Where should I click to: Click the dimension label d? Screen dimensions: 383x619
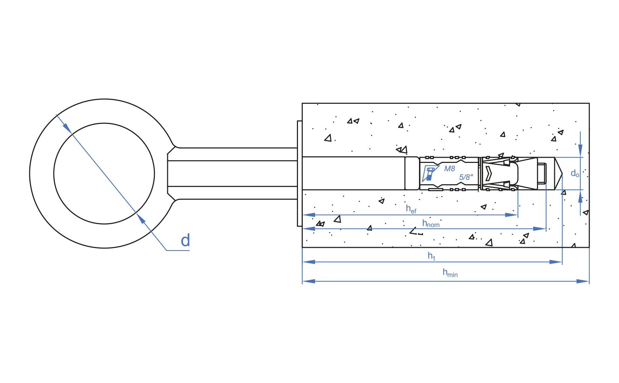tap(185, 240)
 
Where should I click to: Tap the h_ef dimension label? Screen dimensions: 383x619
tap(411, 209)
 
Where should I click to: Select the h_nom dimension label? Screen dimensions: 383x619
tap(431, 224)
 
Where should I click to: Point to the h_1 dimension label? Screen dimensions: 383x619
tap(431, 256)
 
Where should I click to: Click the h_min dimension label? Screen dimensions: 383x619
tap(450, 273)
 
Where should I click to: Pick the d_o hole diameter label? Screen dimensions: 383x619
tap(575, 173)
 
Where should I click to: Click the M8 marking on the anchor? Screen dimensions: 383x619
tap(449, 169)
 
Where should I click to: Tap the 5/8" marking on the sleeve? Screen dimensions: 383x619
tap(466, 177)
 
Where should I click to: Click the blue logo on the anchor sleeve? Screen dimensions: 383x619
tap(430, 174)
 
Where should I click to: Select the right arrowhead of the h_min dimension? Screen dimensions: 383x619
tap(583, 281)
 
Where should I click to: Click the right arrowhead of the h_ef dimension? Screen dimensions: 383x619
tap(512, 215)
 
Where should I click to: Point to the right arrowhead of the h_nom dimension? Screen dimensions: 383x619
tap(540, 229)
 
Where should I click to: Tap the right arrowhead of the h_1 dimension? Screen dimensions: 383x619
tap(556, 262)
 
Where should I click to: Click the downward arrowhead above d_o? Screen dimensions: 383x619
tap(580, 150)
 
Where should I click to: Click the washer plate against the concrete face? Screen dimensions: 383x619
tap(299, 174)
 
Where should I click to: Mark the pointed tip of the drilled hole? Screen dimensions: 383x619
tap(561, 173)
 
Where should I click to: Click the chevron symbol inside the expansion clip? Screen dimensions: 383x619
tap(488, 174)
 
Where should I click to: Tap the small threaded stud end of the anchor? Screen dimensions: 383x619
tap(542, 174)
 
